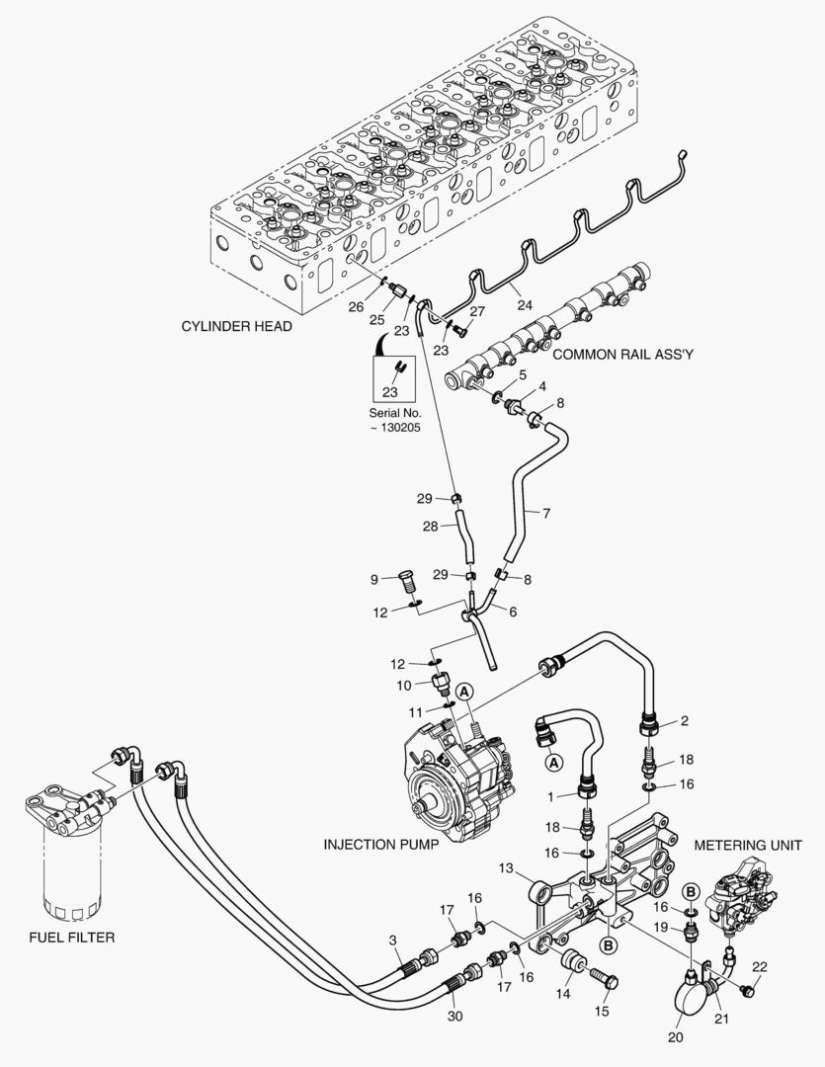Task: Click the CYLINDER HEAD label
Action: coord(236,327)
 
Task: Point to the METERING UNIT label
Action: coord(746,846)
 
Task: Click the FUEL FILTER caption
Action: coord(71,937)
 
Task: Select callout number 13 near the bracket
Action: coord(506,868)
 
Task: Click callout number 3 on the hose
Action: coord(392,940)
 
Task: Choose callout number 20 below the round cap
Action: coord(675,1037)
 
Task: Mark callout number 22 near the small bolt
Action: coord(759,966)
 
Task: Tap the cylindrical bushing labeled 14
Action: coord(572,961)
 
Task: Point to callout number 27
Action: coord(477,311)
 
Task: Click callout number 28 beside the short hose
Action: coord(431,527)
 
